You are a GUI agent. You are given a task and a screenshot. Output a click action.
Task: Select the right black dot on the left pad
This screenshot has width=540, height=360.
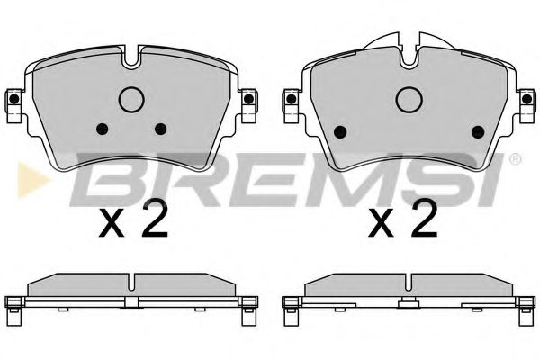pos(161,127)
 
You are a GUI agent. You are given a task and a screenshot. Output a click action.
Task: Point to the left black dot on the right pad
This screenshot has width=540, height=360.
pos(340,131)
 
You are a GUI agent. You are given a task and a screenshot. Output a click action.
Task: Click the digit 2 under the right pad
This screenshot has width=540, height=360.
pos(423,218)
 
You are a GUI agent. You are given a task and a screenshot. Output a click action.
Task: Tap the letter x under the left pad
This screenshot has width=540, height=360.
pos(112,223)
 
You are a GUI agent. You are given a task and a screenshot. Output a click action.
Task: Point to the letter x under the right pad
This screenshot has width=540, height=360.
pos(383,223)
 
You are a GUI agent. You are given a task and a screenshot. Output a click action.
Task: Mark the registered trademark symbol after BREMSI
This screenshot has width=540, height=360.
pos(514,160)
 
